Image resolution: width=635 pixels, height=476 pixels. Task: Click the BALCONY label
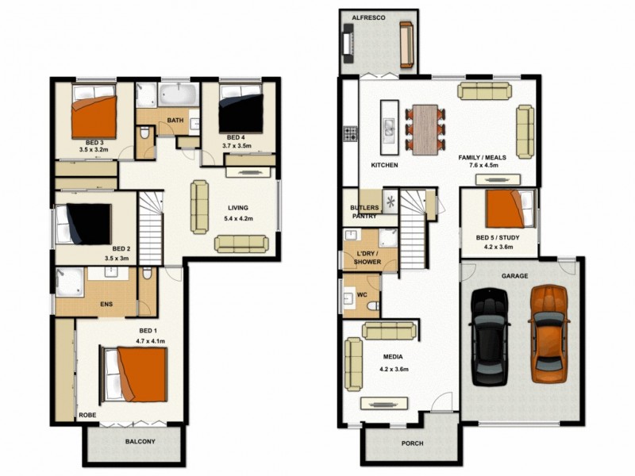coord(140,442)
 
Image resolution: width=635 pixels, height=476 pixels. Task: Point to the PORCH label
coord(412,444)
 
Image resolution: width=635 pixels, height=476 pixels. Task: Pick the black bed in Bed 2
coord(85,224)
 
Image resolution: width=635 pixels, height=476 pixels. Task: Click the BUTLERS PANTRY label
coord(364,210)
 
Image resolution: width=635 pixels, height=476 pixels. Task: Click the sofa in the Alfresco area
coord(406,45)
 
